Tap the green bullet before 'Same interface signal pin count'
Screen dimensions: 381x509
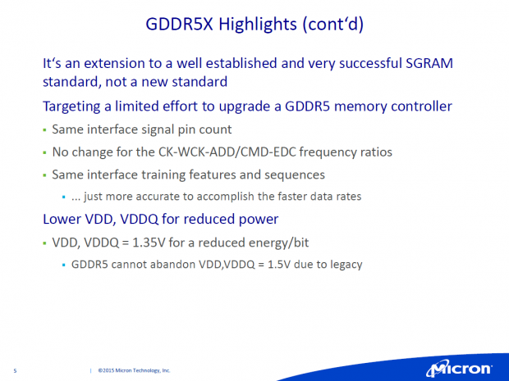[x=44, y=130]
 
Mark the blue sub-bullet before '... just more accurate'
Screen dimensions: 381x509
[x=64, y=197]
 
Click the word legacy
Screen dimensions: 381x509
[x=344, y=265]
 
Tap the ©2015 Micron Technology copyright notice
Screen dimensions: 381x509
[x=134, y=370]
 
